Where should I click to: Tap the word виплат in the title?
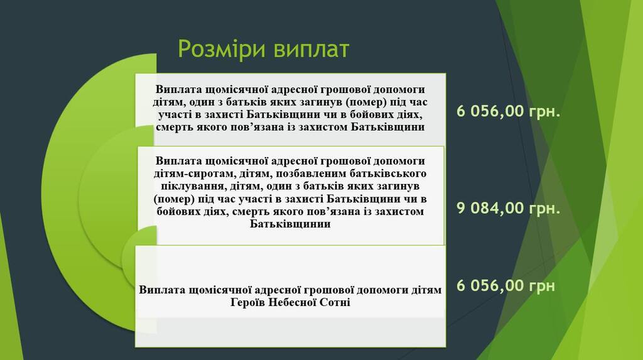point(311,49)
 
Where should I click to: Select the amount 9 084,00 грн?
point(508,209)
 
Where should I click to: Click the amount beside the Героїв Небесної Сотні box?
point(505,286)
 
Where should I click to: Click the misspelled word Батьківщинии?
point(290,224)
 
